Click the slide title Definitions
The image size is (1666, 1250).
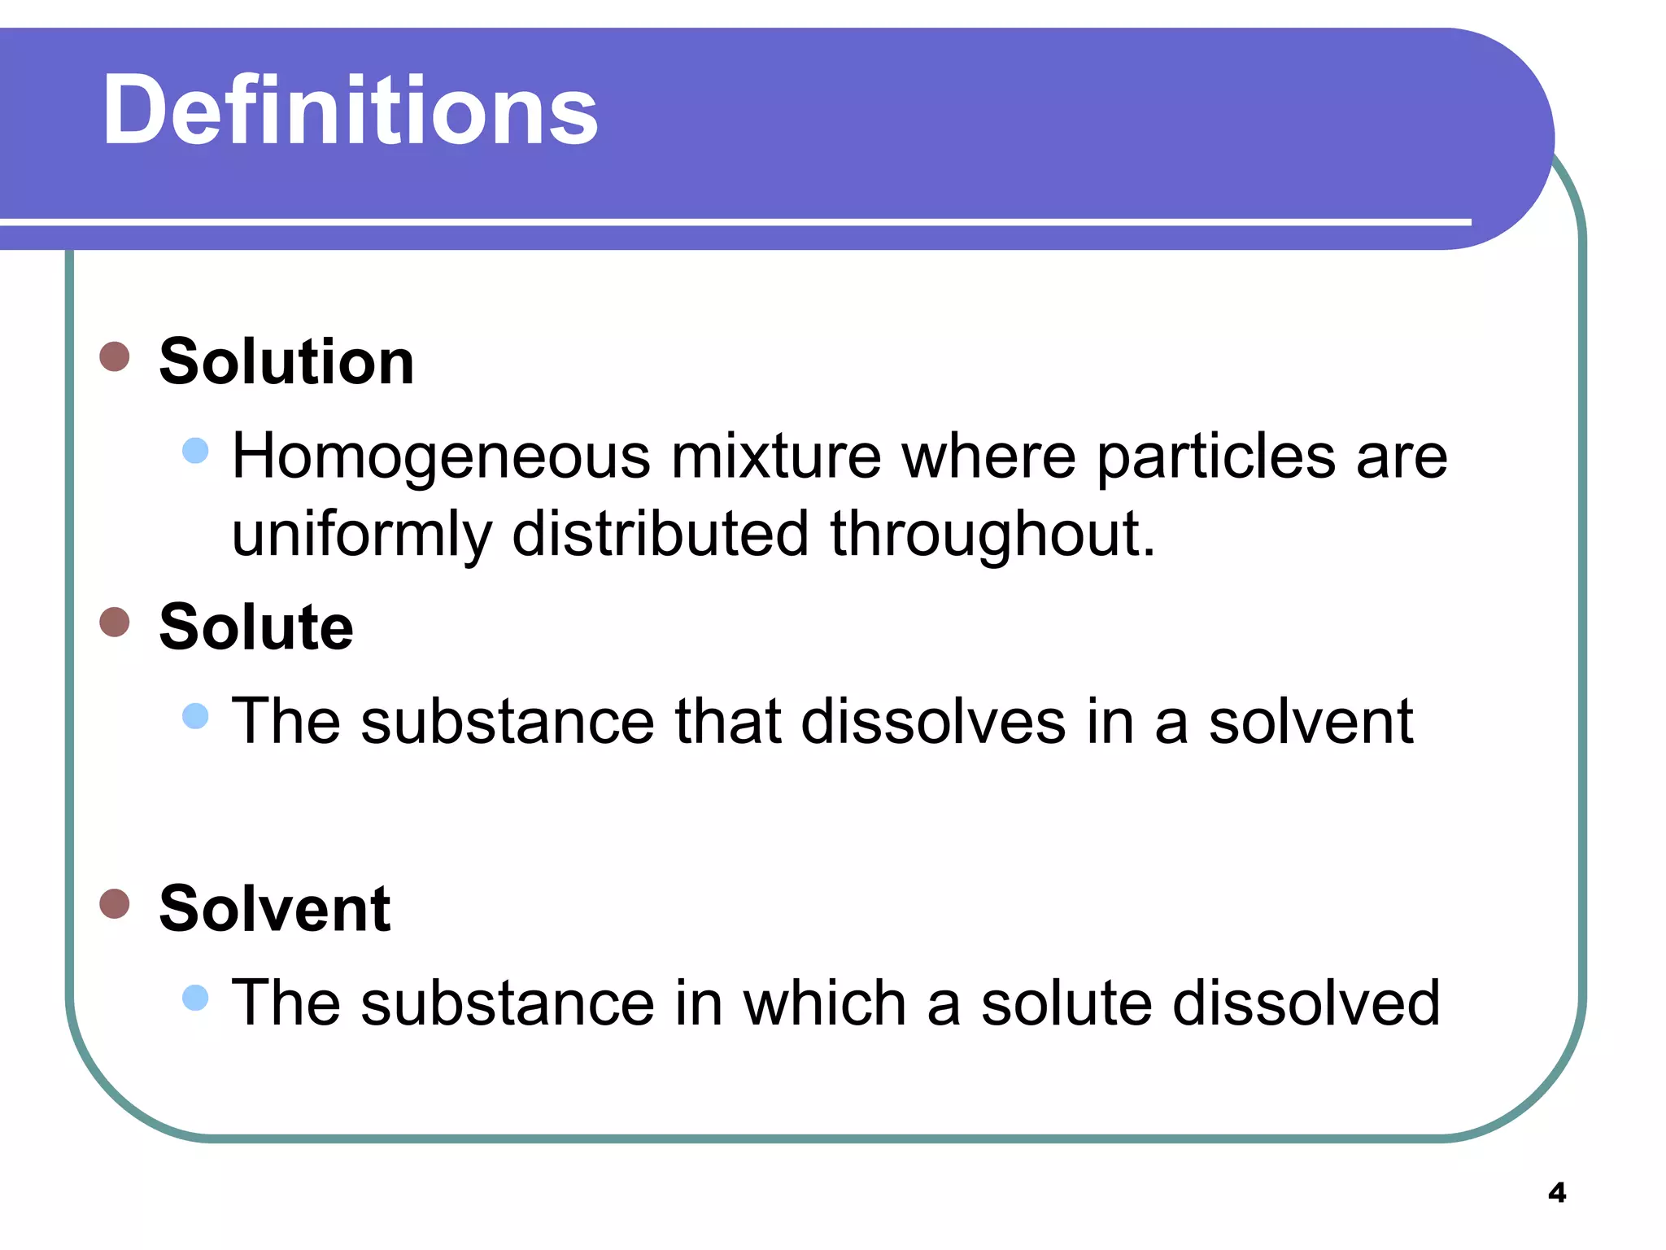click(x=350, y=111)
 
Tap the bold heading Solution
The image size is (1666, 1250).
click(x=286, y=361)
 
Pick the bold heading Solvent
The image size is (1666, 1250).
click(x=275, y=908)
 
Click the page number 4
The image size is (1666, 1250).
click(x=1557, y=1193)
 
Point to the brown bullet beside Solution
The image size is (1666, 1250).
click(x=115, y=356)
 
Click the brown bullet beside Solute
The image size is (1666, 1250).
click(x=115, y=622)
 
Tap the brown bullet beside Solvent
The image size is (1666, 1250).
click(x=115, y=903)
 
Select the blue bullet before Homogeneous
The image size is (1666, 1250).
click(x=195, y=450)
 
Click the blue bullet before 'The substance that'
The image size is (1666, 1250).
click(x=195, y=716)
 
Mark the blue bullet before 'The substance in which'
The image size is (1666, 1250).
click(x=195, y=997)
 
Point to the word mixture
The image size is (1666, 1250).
click(x=776, y=456)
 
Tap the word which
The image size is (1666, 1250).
click(x=825, y=1003)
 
